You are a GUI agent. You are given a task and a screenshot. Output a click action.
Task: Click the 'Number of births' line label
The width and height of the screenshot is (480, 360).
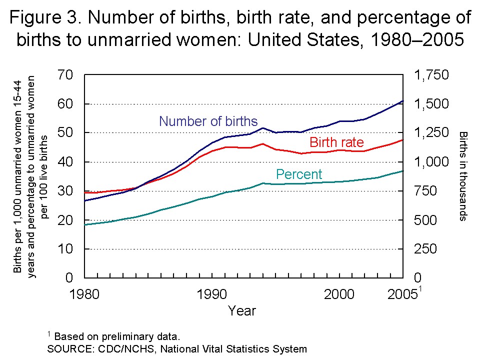208,121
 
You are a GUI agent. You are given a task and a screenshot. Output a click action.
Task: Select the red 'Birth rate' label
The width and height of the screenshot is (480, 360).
336,142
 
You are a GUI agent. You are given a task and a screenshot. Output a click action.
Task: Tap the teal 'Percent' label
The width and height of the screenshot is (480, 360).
299,174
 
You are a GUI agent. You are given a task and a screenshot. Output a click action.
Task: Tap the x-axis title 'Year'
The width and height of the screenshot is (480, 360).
242,311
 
